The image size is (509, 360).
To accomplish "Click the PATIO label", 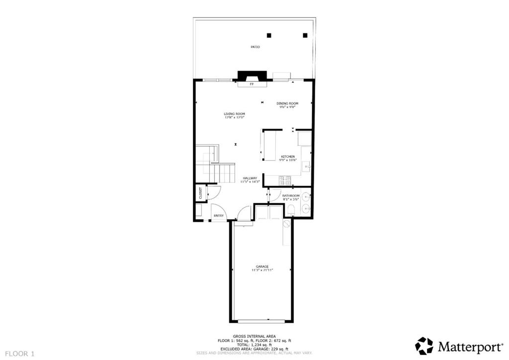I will pyautogui.click(x=254, y=47).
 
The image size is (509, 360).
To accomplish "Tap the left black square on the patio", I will pyautogui.click(x=269, y=35).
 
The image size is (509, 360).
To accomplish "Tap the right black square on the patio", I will pyautogui.click(x=305, y=35).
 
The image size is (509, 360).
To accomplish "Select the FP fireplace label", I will pyautogui.click(x=252, y=85).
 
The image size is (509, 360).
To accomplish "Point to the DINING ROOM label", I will pyautogui.click(x=287, y=103).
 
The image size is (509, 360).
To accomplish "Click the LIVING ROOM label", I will pyautogui.click(x=234, y=114).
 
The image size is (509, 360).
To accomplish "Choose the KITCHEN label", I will pyautogui.click(x=288, y=157).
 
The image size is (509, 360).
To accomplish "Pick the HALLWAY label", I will pyautogui.click(x=250, y=178).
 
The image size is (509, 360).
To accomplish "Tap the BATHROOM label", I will pyautogui.click(x=291, y=196).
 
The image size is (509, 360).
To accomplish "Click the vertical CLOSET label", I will pyautogui.click(x=200, y=193).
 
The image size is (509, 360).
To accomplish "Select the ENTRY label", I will pyautogui.click(x=218, y=215).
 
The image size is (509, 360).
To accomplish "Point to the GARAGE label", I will pyautogui.click(x=262, y=267).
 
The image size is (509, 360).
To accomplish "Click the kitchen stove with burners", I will pyautogui.click(x=285, y=180).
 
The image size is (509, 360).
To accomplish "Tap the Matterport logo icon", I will pyautogui.click(x=424, y=346).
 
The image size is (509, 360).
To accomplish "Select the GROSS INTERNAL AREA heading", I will pyautogui.click(x=254, y=336).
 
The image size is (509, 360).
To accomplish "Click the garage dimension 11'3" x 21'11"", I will pyautogui.click(x=262, y=270).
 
